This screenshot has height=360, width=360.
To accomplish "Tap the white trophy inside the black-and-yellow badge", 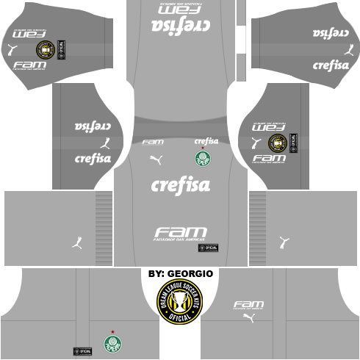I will tap(180, 302).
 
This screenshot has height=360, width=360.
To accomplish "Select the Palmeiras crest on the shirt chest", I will tap(202, 159).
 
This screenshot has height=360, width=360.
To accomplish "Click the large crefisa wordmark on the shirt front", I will tap(180, 186).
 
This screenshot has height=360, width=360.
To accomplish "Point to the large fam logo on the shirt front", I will tap(180, 231).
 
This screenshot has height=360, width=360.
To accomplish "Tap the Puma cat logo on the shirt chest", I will tap(156, 159).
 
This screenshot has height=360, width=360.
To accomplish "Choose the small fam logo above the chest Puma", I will tap(152, 142).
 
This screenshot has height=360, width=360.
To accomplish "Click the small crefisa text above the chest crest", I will tap(206, 140).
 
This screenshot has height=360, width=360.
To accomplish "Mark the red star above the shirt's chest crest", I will tap(202, 148).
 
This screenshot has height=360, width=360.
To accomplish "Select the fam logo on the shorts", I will tap(248, 304).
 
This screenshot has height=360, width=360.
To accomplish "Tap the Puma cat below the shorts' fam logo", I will tap(248, 318).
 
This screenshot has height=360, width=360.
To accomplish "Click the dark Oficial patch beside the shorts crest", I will tap(81, 343).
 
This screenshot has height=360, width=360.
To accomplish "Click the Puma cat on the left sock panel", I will tap(76, 241).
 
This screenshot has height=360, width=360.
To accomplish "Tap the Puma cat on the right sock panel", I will tap(284, 241).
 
